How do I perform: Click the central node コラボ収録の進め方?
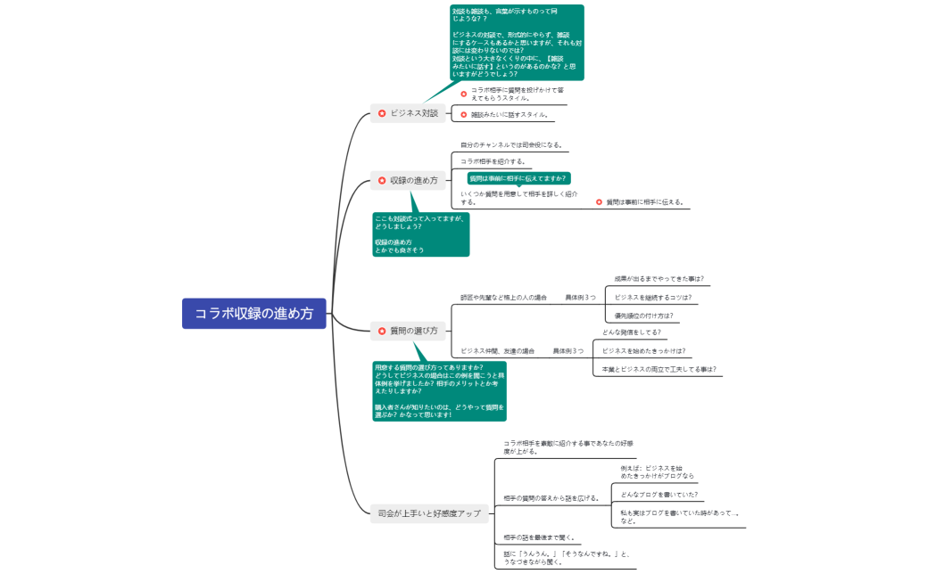tap(254, 314)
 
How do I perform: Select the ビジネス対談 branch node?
tap(408, 113)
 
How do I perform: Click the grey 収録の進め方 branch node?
tap(408, 180)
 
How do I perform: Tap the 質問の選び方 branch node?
tap(408, 331)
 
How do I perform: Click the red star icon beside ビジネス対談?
tap(382, 113)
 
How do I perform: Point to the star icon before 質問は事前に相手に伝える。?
tap(599, 202)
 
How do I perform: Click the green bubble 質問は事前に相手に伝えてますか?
tap(518, 178)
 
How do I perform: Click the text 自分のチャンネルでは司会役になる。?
tap(511, 144)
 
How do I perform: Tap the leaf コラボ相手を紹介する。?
tap(493, 161)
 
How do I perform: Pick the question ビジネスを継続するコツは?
tap(652, 298)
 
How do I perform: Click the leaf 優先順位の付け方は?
tap(642, 316)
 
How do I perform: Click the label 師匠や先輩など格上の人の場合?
tap(503, 298)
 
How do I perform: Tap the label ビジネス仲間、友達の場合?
tap(497, 351)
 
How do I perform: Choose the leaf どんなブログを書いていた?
tap(659, 495)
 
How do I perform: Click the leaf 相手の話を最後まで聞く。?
tap(539, 537)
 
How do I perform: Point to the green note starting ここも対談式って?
tap(420, 234)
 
